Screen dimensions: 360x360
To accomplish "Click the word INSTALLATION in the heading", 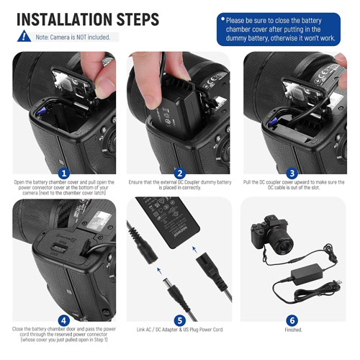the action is pos(64,19).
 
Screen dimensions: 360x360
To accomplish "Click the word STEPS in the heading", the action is pos(138,19).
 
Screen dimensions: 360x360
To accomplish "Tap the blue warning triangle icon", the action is pos(24,36).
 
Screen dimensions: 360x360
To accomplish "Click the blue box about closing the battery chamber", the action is pos(279,30).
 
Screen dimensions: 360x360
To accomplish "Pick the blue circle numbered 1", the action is pos(64,174).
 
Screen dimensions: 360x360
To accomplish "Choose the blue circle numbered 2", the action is pos(180,174).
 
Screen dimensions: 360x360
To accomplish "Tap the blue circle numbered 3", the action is pos(292,174).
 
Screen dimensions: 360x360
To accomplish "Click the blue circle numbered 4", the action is pos(64,320).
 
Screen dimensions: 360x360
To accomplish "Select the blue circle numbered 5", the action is pos(180,320).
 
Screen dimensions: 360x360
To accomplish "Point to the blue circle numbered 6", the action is pos(292,320).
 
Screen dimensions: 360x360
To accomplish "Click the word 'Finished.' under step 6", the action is pos(293,330).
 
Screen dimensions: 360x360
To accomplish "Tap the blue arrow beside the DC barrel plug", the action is pos(159,271).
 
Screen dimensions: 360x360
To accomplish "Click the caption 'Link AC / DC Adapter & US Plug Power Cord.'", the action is pos(180,330).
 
